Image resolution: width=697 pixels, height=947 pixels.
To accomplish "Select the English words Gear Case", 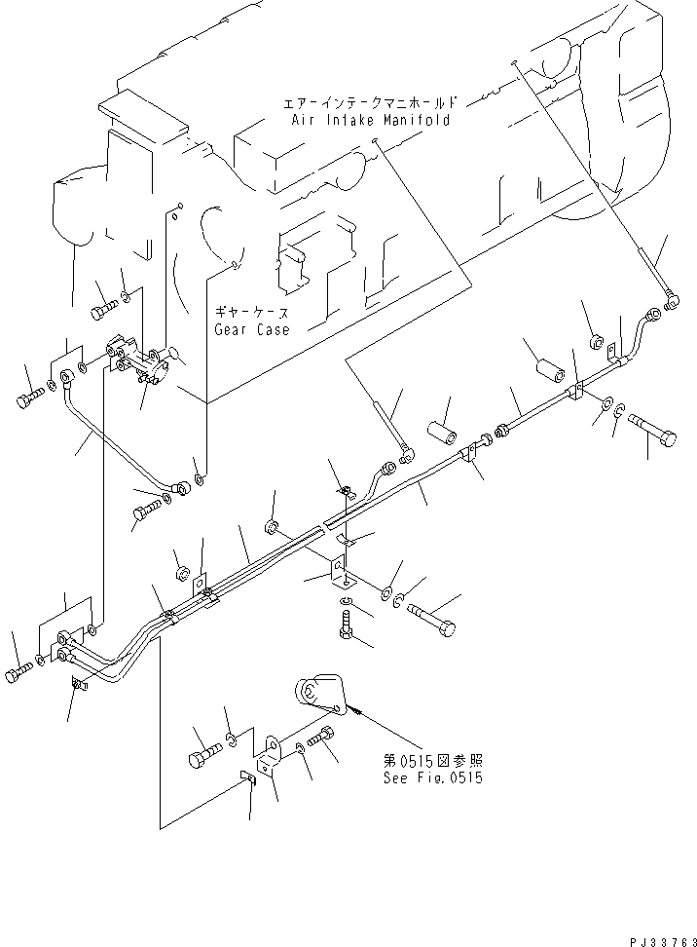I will [252, 329].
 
